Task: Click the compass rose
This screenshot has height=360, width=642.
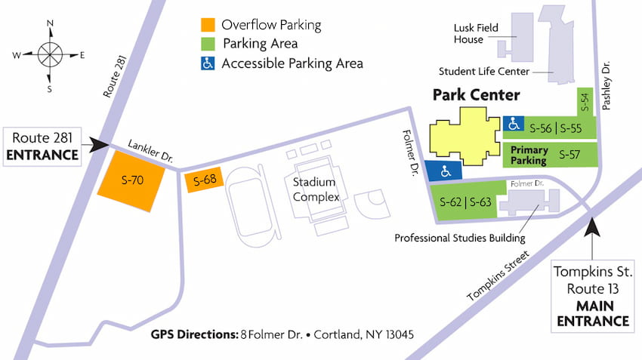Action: [50, 55]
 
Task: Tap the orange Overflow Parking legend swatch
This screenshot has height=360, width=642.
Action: [207, 25]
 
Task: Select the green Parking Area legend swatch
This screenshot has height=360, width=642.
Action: [207, 44]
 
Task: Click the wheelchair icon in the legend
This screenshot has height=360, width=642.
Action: [207, 63]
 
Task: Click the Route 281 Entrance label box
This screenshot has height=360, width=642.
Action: [45, 146]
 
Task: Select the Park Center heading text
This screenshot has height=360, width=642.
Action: [476, 95]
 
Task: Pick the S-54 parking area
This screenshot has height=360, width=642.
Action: [584, 101]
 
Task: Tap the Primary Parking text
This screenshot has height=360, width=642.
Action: [529, 155]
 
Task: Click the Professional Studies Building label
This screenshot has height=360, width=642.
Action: [460, 238]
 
